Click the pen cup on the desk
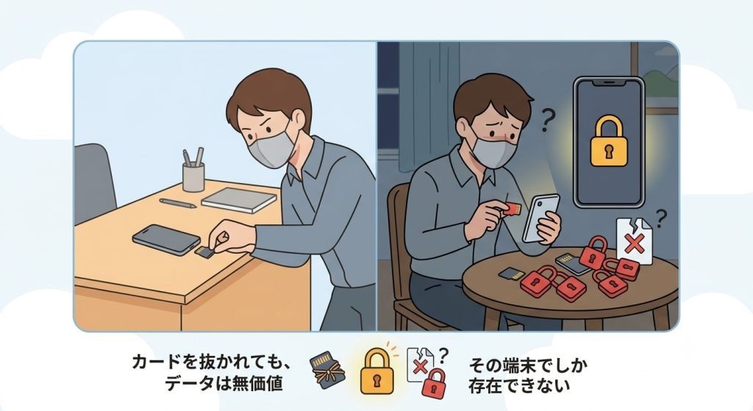(193, 177)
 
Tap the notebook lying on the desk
(239, 199)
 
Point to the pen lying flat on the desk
(178, 203)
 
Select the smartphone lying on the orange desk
(166, 239)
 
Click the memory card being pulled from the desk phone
(205, 252)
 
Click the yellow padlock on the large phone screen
(609, 142)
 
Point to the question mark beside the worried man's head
(546, 120)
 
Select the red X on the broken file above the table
(635, 243)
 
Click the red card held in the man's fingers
(512, 210)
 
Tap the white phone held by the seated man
(540, 218)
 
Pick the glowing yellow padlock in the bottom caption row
(376, 371)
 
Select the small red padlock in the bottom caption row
(433, 382)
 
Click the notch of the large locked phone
(608, 82)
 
